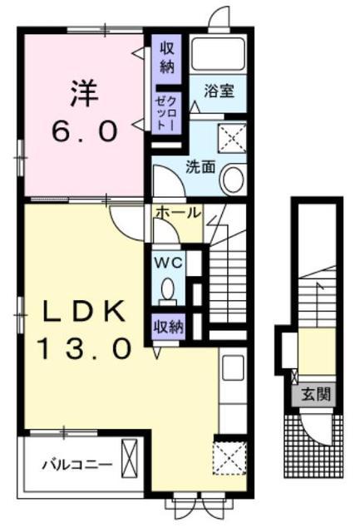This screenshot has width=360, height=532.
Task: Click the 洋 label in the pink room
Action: (84, 93)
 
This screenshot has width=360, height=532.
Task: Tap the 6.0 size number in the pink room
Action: (85, 131)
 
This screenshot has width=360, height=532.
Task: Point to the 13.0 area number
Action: (85, 349)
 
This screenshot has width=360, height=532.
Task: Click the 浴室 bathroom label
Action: (219, 91)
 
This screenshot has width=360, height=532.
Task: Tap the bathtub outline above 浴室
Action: (218, 53)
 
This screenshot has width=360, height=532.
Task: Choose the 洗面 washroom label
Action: (200, 166)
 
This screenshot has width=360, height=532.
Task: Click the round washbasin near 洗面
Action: (232, 179)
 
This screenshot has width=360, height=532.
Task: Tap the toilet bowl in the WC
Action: (168, 289)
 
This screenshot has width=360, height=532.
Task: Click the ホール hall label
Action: (178, 213)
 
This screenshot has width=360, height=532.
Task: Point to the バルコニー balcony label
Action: (77, 465)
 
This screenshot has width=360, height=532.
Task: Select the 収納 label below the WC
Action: (169, 327)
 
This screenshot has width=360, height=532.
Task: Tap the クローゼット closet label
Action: (166, 111)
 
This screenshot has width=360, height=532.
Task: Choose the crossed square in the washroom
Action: (232, 139)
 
